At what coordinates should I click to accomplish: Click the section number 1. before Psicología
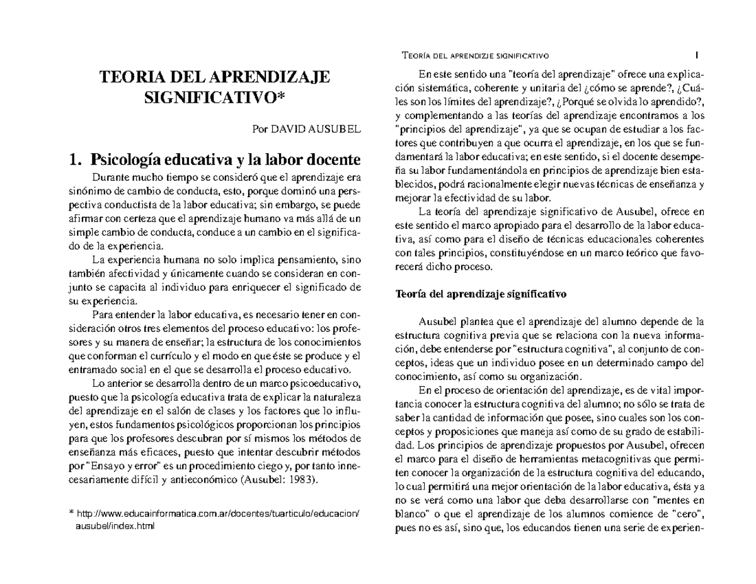[75, 158]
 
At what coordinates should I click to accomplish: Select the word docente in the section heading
[332, 158]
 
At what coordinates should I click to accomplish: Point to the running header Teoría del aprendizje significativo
[476, 55]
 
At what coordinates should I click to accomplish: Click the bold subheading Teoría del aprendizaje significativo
[481, 294]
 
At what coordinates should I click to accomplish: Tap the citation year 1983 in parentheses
[303, 479]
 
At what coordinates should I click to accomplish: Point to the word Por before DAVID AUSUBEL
[260, 129]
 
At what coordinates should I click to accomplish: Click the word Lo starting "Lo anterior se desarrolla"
[98, 383]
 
